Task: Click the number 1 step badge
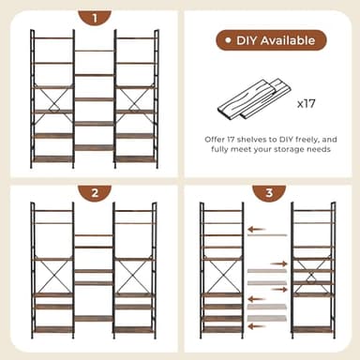pyautogui.click(x=95, y=17)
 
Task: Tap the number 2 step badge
pyautogui.click(x=95, y=193)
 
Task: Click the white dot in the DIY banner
pyautogui.click(x=228, y=40)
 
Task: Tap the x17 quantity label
pyautogui.click(x=307, y=100)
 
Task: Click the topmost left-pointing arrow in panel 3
pyautogui.click(x=254, y=228)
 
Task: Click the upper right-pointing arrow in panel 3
pyautogui.click(x=279, y=264)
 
